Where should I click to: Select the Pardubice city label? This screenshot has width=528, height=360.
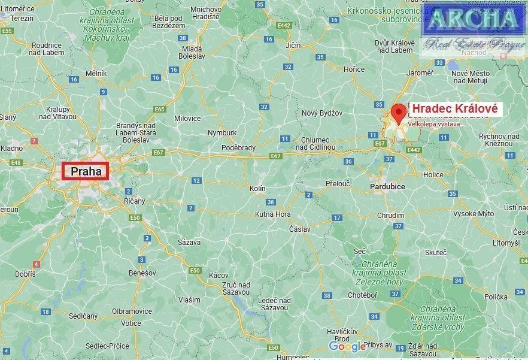pos(387,187)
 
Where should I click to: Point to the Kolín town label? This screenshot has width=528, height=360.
pos(257,189)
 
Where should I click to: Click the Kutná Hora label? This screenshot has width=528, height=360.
pos(273,214)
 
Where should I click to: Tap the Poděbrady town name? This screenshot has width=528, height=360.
pos(238,148)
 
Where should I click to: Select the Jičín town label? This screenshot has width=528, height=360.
pos(293,46)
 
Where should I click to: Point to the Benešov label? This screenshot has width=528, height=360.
pos(142,273)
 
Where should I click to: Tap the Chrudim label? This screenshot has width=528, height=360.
pos(390,215)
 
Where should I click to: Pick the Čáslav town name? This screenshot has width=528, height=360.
pos(300,229)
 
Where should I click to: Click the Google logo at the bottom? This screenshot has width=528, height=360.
pos(347,347)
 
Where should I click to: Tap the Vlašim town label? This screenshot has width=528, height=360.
pos(189,300)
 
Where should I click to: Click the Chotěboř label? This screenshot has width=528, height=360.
pos(363,295)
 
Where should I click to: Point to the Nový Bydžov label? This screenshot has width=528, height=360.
pos(321,113)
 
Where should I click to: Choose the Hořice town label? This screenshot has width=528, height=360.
pos(354,69)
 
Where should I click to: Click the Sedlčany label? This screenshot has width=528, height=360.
pos(83,315)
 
